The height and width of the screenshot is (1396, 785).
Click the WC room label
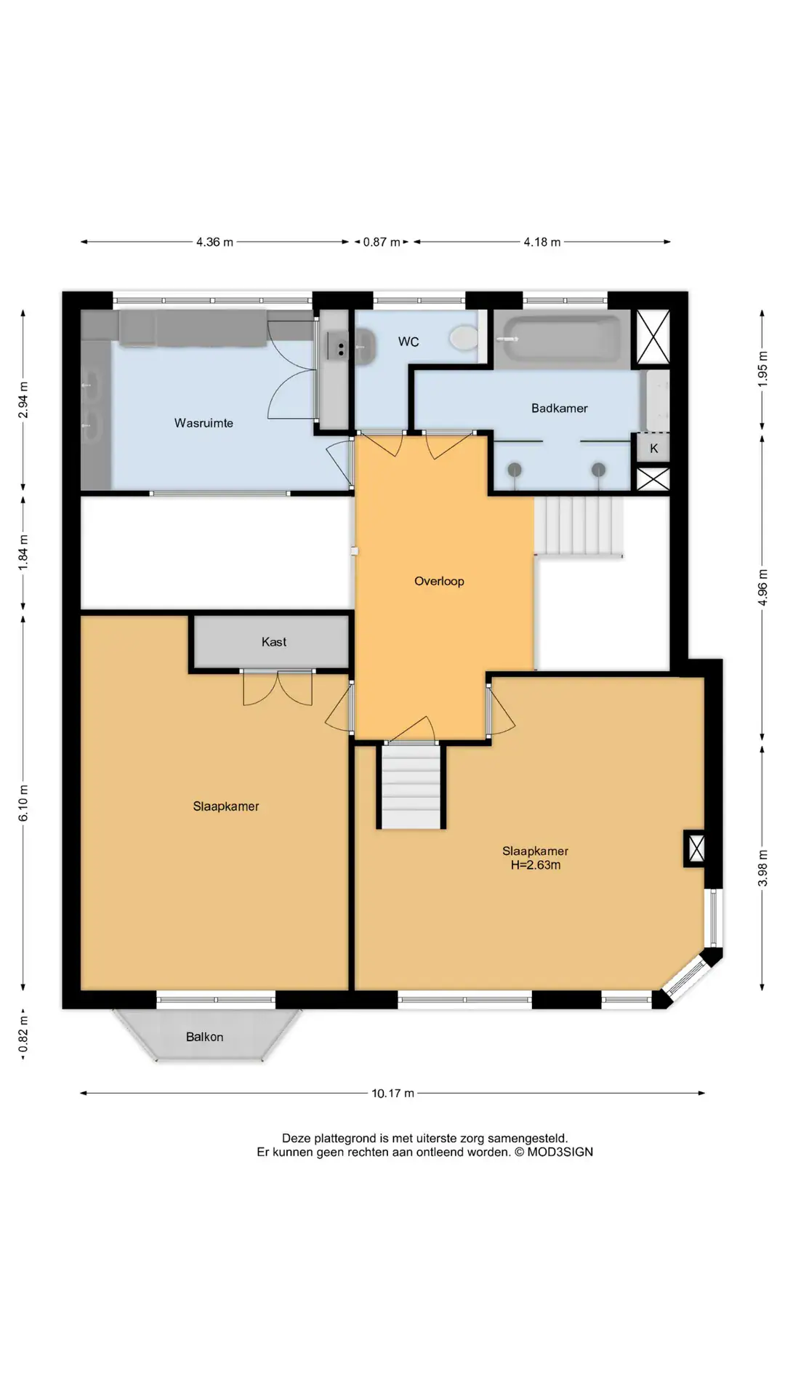pos(408,342)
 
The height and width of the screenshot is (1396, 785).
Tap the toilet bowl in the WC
pos(463,337)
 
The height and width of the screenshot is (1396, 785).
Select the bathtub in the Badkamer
pos(563,339)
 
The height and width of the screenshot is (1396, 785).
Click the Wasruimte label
pos(204,423)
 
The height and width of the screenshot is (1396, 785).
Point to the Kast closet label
pos(274,642)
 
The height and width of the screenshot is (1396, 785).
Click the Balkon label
pos(204,1037)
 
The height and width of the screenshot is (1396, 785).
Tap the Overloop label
pos(439,581)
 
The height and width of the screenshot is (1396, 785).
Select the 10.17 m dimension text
pos(392,1093)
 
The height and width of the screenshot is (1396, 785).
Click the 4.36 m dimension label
pos(214,242)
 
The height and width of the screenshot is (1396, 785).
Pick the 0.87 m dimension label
pos(382,242)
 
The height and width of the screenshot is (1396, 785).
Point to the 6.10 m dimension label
pos(23,803)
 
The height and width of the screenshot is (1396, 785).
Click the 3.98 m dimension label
pos(762,868)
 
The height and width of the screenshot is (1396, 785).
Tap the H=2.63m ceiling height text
pos(536,865)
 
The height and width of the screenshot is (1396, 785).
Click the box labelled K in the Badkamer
pos(653,448)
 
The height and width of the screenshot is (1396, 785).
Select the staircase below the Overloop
pos(411,786)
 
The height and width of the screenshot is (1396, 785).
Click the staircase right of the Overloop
pos(579,526)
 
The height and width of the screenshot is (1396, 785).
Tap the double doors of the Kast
pos(278,688)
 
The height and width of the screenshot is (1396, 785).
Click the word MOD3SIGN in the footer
pos(560,1152)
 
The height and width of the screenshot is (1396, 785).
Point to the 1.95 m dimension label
pos(762,369)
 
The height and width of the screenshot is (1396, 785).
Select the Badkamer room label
pos(559,409)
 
